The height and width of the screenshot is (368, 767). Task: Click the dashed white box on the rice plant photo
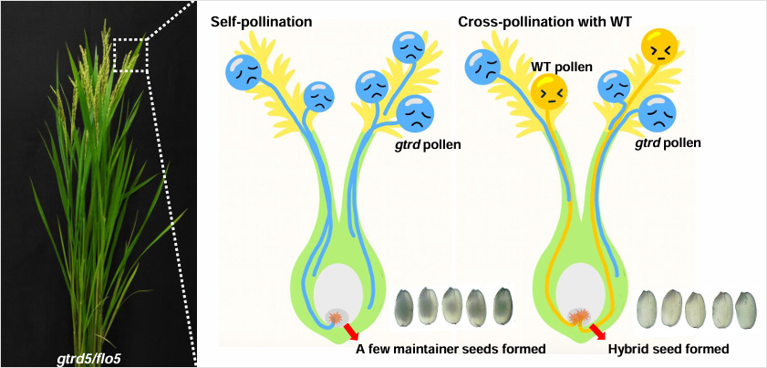coord(130,54)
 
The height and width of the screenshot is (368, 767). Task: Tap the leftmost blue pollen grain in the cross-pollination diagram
coord(482,67)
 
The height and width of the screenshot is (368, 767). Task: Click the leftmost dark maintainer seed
coord(407,306)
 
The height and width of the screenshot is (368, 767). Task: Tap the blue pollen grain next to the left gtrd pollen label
coord(416,114)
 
